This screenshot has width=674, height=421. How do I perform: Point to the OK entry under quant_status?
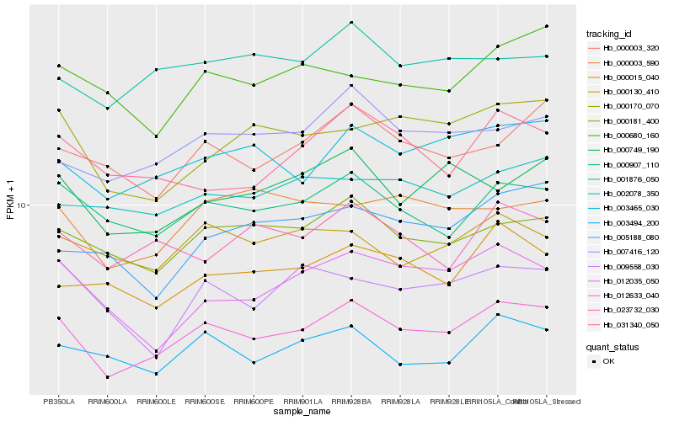(608, 361)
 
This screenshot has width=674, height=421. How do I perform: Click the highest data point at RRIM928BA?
(351, 23)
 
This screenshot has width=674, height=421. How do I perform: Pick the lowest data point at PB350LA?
(58, 345)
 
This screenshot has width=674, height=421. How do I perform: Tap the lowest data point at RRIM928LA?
(400, 365)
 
